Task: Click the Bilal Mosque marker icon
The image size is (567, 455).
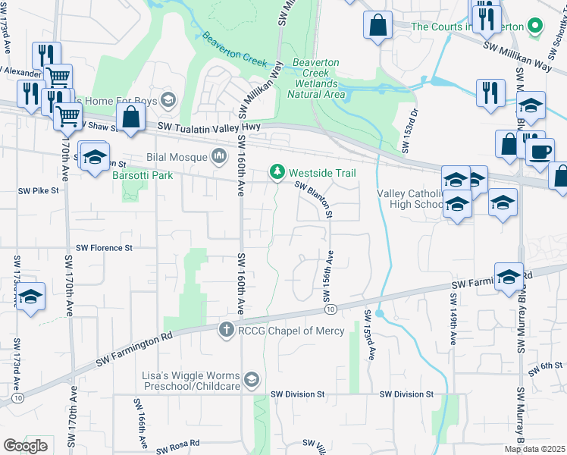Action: [220, 157]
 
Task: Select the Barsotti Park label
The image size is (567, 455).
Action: [143, 175]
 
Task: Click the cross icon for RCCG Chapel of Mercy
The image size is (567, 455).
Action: [225, 330]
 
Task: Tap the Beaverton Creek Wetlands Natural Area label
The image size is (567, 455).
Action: [316, 79]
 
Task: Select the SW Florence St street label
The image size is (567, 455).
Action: [105, 248]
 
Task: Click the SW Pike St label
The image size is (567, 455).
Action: [38, 191]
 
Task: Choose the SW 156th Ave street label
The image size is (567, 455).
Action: [330, 271]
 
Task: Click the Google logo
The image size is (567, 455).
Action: [26, 446]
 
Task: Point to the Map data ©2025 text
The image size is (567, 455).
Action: [534, 449]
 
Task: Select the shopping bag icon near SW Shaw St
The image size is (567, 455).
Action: [132, 117]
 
